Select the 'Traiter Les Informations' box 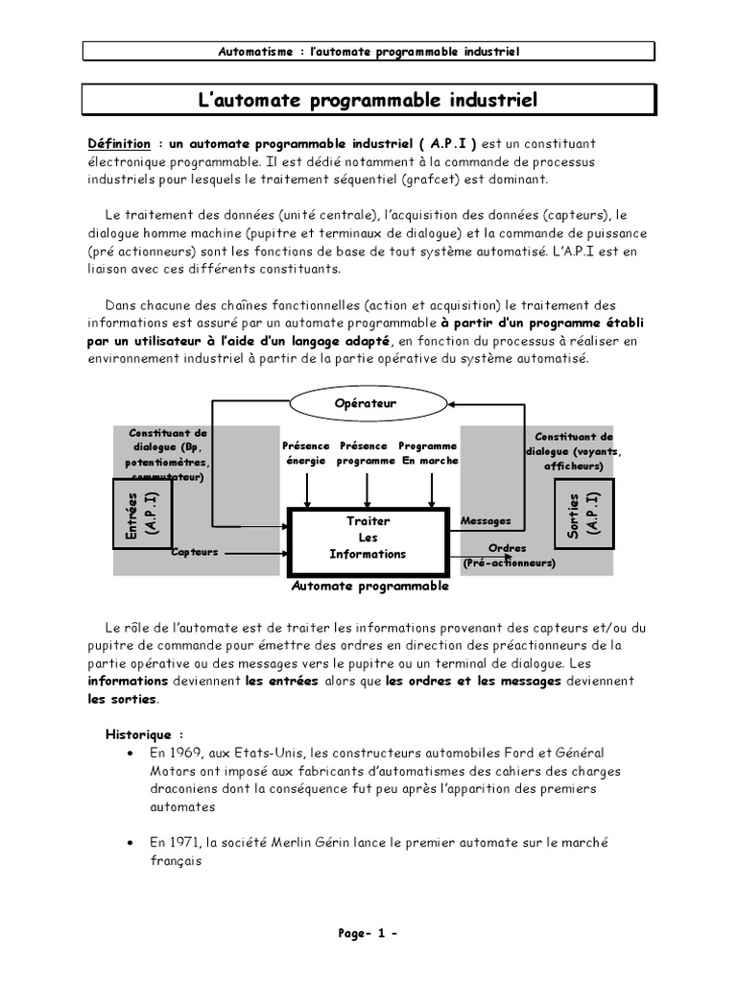(x=368, y=538)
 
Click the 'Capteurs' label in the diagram (x=196, y=552)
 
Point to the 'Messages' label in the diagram (x=487, y=521)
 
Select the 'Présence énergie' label (x=306, y=453)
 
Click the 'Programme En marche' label (x=428, y=453)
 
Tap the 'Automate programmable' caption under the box (x=369, y=585)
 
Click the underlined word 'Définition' (x=119, y=143)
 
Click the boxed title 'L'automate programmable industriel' (x=368, y=100)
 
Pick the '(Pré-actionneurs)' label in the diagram (x=509, y=563)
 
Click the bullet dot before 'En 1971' (x=129, y=843)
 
